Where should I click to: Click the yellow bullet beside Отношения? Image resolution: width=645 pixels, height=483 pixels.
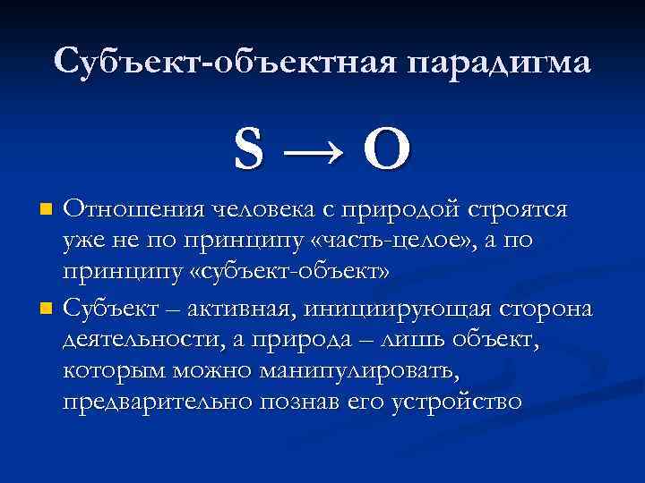click(47, 210)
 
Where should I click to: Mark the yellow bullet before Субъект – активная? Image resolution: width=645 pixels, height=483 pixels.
click(47, 309)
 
